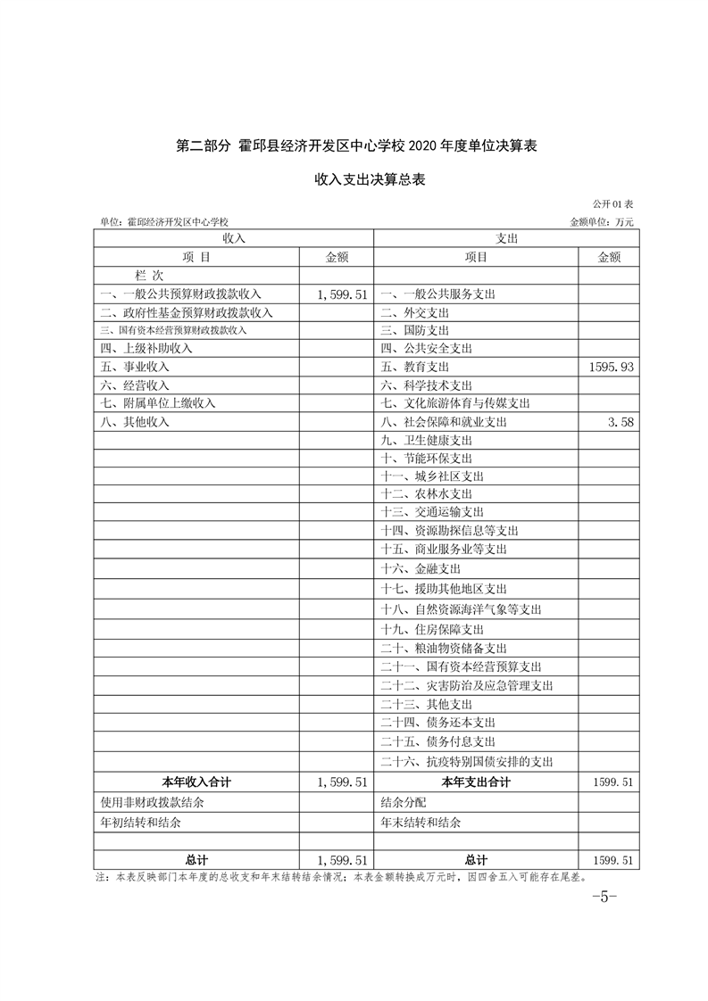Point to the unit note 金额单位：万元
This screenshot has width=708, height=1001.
pyautogui.click(x=601, y=221)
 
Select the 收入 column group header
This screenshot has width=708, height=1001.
pyautogui.click(x=233, y=238)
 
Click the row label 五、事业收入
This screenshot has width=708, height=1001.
pyautogui.click(x=134, y=367)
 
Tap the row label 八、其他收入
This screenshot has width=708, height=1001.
pyautogui.click(x=134, y=422)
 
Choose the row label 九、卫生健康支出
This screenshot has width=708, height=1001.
pyautogui.click(x=426, y=440)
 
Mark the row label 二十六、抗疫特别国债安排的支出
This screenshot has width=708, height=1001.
pyautogui.click(x=467, y=762)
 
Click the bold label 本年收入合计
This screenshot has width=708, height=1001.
pyautogui.click(x=196, y=782)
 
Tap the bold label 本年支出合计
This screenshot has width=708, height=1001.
pyautogui.click(x=476, y=782)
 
